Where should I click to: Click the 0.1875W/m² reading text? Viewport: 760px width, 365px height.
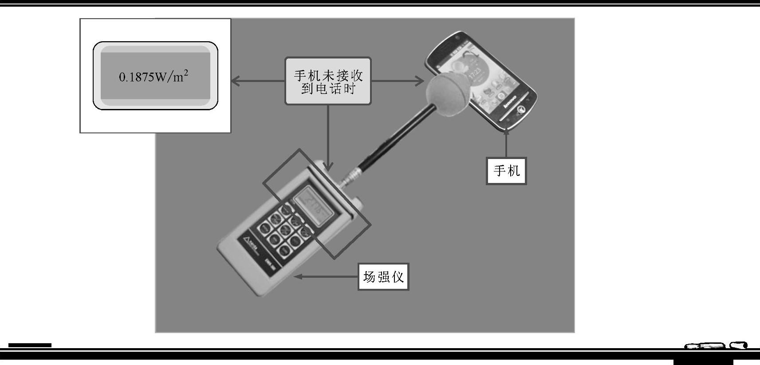153,77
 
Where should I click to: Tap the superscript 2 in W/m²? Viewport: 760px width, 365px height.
186,72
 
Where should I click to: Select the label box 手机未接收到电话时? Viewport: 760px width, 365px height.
328,81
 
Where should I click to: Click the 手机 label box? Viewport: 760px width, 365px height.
506,171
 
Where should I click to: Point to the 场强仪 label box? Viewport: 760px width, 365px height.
383,277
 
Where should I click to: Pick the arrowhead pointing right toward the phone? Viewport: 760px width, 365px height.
420,81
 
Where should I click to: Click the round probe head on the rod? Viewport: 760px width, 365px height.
447,96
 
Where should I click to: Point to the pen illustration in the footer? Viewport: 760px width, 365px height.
716,346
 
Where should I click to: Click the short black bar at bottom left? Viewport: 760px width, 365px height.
30,345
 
